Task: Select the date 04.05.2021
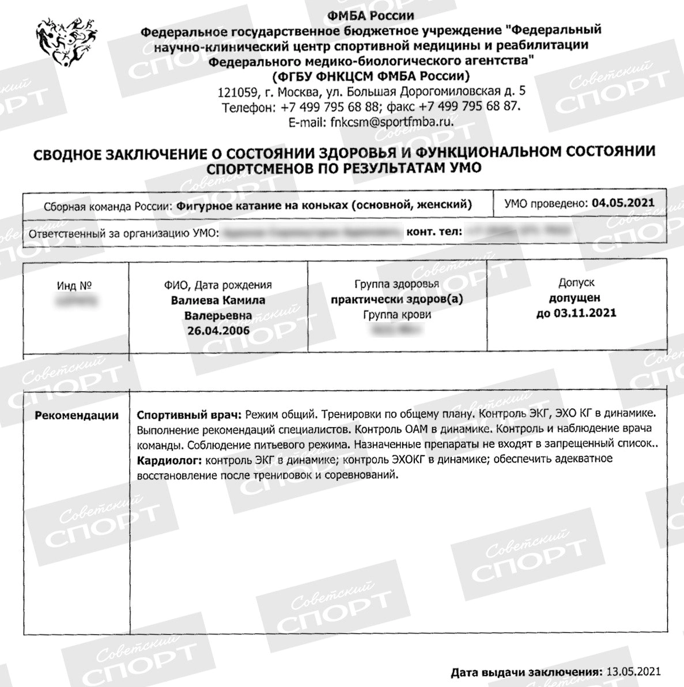[623, 203]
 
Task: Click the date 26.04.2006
[218, 330]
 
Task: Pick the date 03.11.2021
[576, 313]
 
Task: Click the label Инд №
[75, 285]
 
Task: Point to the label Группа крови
[397, 315]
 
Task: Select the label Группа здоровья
[396, 284]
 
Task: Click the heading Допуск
[576, 283]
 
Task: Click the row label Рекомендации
[77, 415]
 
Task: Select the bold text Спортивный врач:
[190, 415]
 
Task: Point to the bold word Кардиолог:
[169, 460]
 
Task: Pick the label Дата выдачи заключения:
[526, 671]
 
